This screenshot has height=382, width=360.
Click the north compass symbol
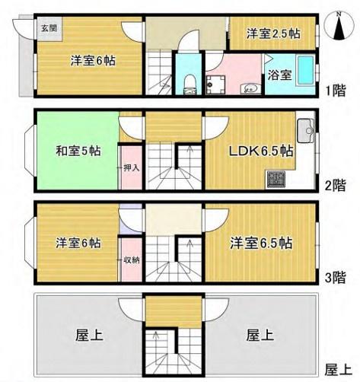click(x=339, y=26)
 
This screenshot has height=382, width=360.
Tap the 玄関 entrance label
click(x=49, y=28)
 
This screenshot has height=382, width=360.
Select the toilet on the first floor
click(x=189, y=84)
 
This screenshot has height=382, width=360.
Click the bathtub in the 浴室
click(x=306, y=71)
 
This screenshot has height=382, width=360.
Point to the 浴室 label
click(x=280, y=75)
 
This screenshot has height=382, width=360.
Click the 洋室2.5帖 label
click(x=273, y=33)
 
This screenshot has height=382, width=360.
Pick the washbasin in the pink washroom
click(x=250, y=89)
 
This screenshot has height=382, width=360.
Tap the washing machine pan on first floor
click(x=215, y=85)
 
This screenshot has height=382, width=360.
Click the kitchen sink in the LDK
click(x=306, y=131)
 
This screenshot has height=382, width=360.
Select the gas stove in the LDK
click(x=276, y=180)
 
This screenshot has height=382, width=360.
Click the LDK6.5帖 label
click(x=262, y=151)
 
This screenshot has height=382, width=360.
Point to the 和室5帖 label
click(x=78, y=151)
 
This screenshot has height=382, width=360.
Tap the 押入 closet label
click(x=132, y=168)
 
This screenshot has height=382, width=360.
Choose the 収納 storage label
click(x=132, y=260)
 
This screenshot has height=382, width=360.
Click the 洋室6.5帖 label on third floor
click(x=261, y=243)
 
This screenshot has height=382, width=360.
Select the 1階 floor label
click(x=336, y=91)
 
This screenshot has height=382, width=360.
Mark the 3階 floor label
click(x=336, y=278)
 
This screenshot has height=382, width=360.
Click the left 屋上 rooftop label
click(x=89, y=335)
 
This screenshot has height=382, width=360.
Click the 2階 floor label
click(x=336, y=186)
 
